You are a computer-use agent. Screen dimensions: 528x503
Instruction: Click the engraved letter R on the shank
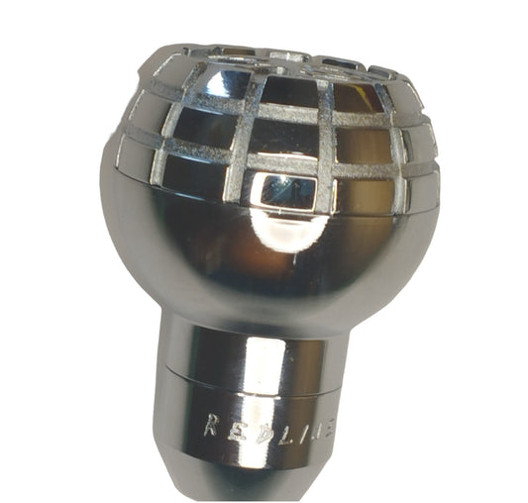tap(211, 426)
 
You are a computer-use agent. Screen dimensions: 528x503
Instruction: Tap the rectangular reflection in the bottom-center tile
tap(288, 191)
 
